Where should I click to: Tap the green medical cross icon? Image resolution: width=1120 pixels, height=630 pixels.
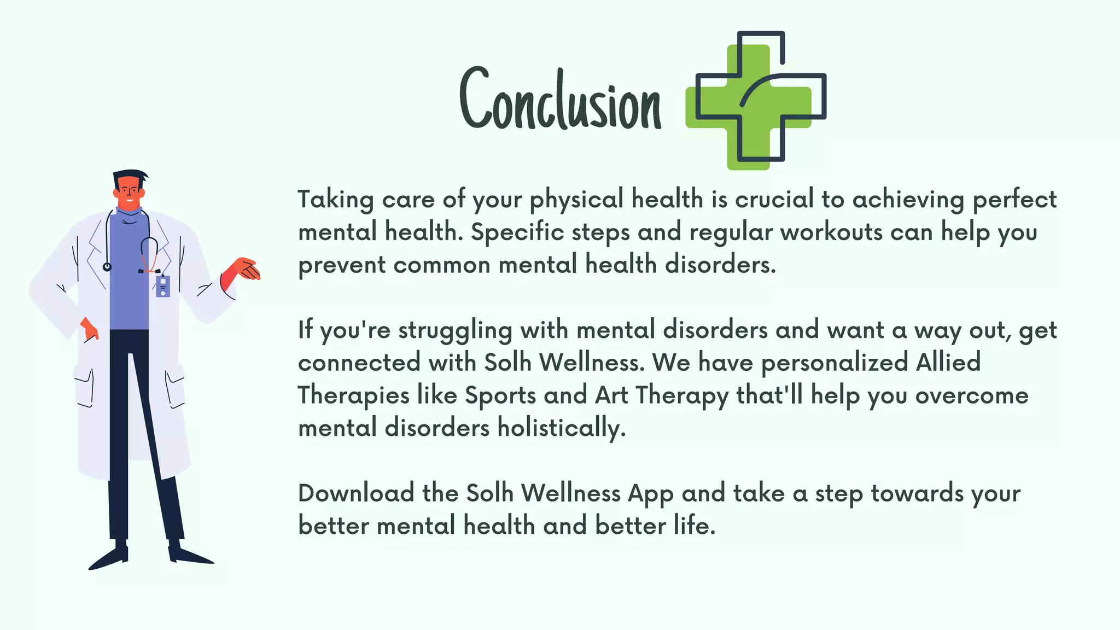point(756,100)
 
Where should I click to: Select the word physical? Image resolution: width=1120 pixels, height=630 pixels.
point(576,200)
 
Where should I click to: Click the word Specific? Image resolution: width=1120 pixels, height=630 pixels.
point(517,232)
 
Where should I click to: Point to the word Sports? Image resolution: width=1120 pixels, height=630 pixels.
point(500,395)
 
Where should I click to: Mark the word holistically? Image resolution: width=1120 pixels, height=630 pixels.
point(561,428)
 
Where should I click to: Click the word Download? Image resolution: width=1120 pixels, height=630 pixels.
point(356,493)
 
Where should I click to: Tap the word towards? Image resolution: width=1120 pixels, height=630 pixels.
point(917,493)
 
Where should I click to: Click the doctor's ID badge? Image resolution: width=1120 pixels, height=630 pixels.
point(163,286)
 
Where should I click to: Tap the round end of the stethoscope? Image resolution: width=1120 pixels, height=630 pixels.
point(107,267)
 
